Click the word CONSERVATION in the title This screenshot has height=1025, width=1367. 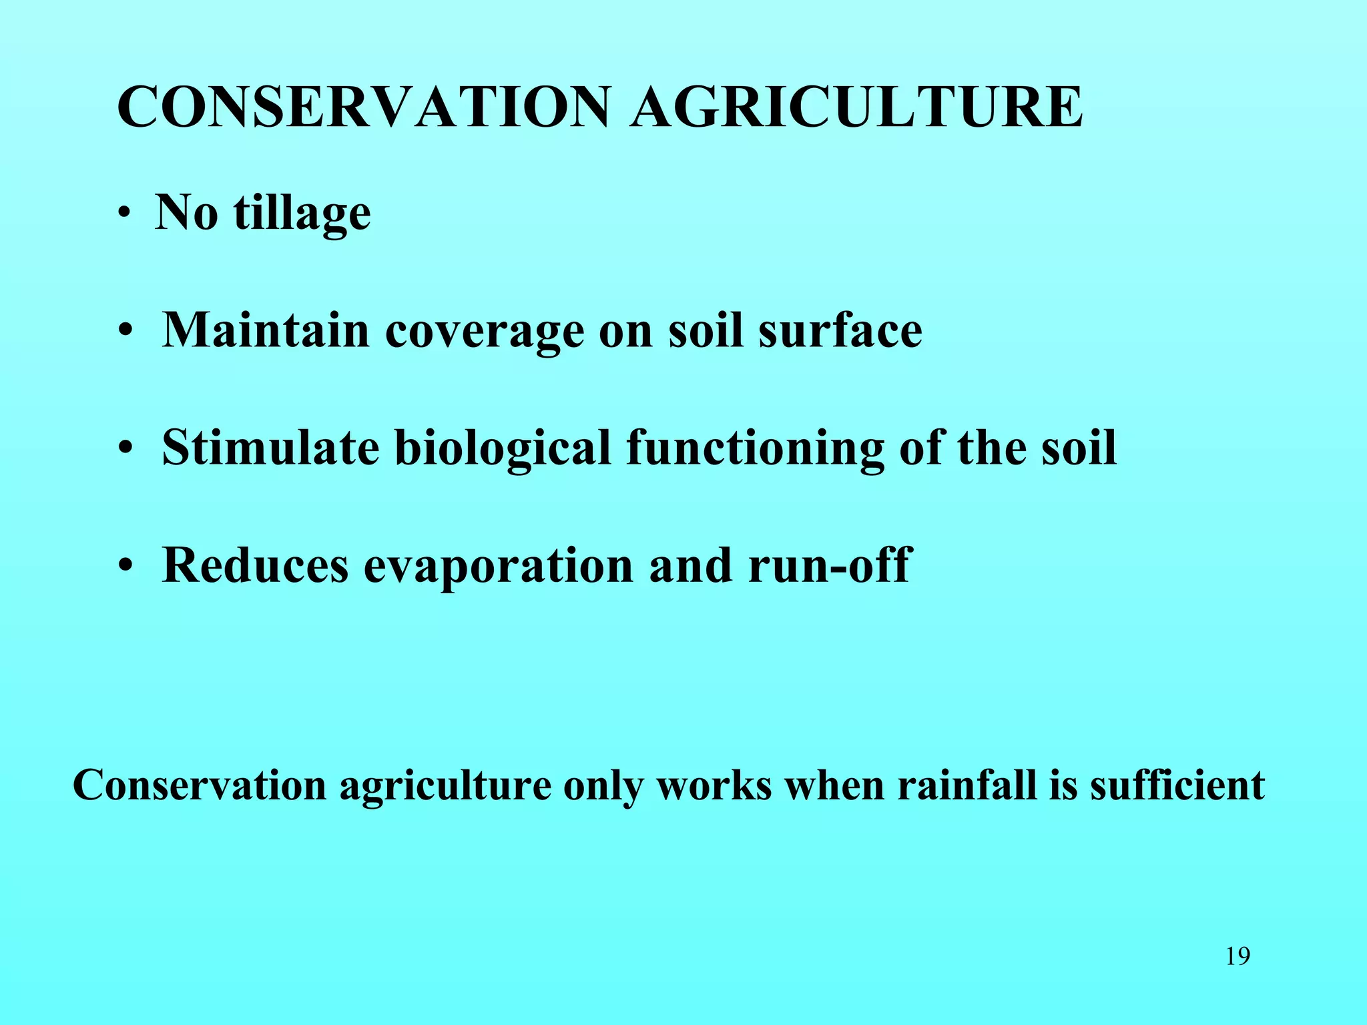[364, 107]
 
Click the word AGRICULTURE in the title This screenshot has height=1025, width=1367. [857, 107]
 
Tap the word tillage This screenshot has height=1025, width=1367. [302, 214]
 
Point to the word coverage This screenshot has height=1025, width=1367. [485, 331]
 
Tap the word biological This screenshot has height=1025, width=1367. [503, 448]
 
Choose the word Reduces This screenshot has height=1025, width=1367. [255, 565]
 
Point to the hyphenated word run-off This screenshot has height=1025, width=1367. [829, 565]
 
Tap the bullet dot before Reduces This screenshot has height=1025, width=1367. [125, 567]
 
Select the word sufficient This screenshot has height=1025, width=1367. [1177, 785]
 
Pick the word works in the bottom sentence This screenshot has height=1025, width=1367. [714, 785]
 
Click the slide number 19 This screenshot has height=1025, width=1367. [1238, 956]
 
